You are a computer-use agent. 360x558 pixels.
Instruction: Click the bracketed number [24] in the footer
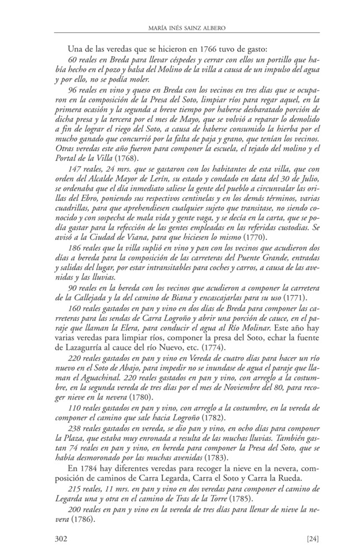pyautogui.click(x=313, y=538)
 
